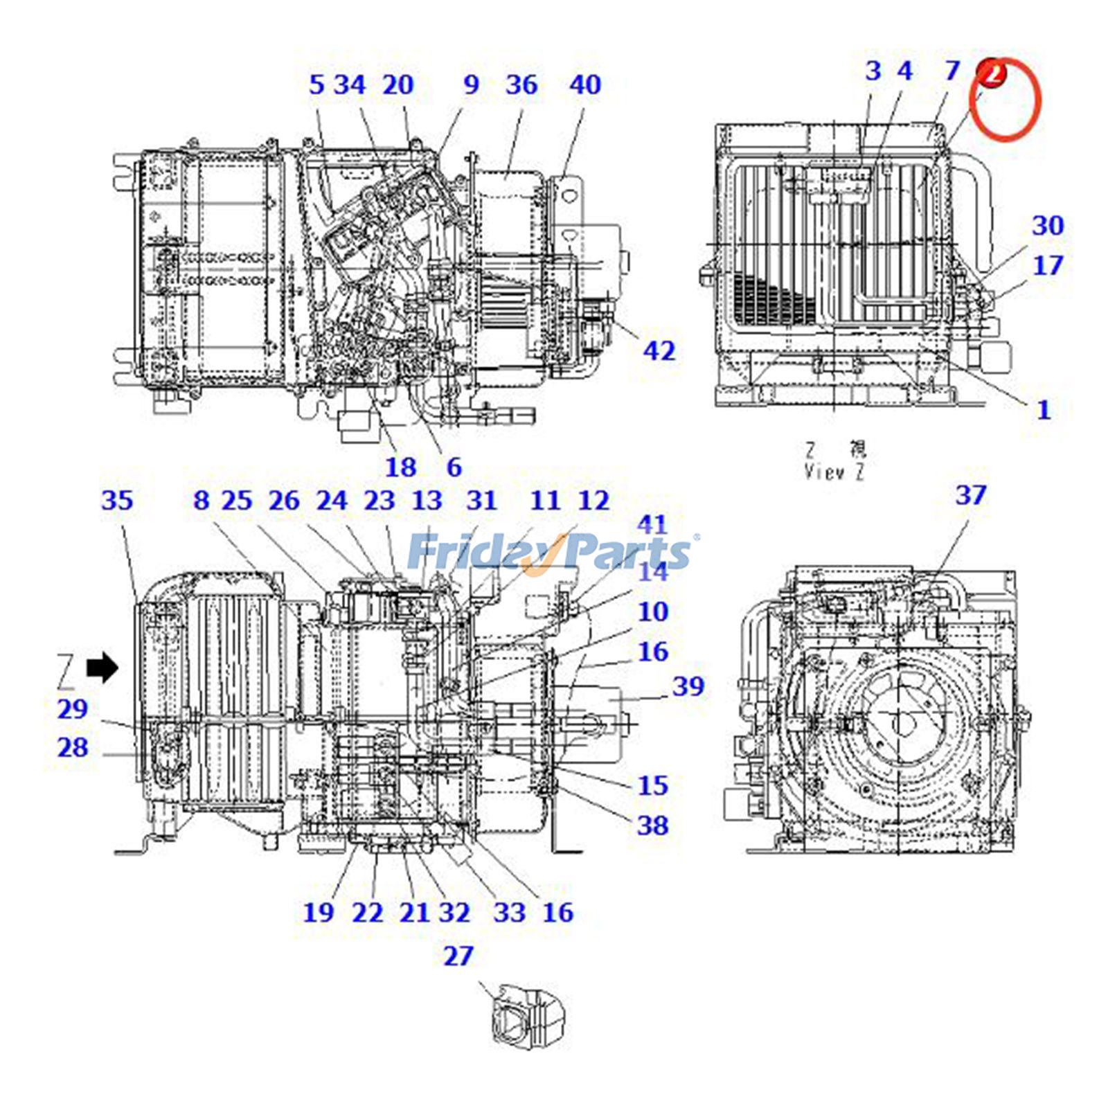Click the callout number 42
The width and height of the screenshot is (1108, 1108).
pyautogui.click(x=659, y=351)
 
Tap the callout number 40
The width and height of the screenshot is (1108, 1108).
pyautogui.click(x=585, y=85)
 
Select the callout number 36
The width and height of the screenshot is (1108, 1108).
pyautogui.click(x=521, y=85)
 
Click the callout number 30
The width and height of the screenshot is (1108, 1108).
pyautogui.click(x=1048, y=226)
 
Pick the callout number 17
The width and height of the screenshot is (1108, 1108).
pyautogui.click(x=1048, y=265)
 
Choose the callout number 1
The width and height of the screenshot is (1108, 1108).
pyautogui.click(x=1044, y=410)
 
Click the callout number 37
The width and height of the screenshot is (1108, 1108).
pyautogui.click(x=970, y=495)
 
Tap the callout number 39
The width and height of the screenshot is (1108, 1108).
pyautogui.click(x=688, y=686)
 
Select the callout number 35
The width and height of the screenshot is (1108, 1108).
pyautogui.click(x=116, y=501)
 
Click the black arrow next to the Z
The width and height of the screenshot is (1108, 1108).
pyautogui.click(x=102, y=668)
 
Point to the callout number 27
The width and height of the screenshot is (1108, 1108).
pyautogui.click(x=458, y=956)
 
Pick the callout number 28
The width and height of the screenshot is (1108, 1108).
pyautogui.click(x=73, y=748)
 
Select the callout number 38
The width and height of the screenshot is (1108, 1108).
pyautogui.click(x=652, y=825)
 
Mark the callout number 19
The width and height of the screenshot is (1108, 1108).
pyautogui.click(x=318, y=912)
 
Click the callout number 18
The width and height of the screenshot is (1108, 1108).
pyautogui.click(x=400, y=467)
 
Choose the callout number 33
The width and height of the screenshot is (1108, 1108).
pyautogui.click(x=509, y=912)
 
